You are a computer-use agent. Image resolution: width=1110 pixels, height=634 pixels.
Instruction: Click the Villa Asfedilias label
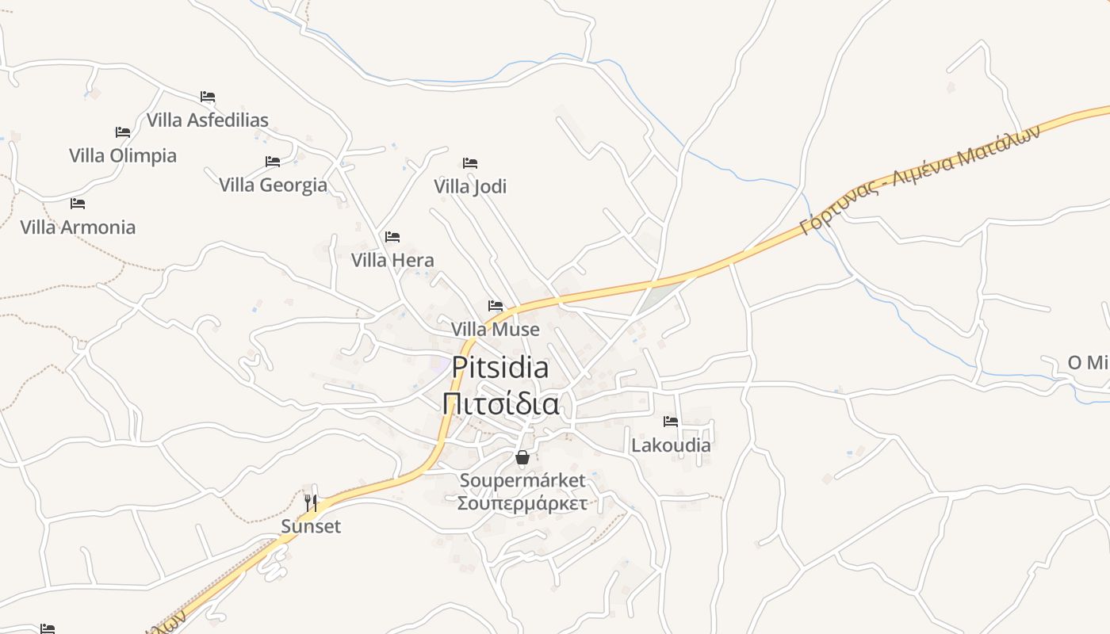208,120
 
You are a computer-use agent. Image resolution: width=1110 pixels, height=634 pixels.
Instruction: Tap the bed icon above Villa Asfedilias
208,97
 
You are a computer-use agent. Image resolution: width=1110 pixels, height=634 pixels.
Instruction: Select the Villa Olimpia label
123,155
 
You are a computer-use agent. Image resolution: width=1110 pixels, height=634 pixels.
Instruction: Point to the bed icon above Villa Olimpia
122,132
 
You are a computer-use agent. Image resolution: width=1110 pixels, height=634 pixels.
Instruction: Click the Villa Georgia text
273,185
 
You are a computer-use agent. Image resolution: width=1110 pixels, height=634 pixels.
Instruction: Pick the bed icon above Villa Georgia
273,162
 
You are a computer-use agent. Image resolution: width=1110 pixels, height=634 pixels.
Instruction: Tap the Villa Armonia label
78,227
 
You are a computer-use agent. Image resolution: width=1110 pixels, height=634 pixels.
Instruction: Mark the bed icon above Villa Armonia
78,204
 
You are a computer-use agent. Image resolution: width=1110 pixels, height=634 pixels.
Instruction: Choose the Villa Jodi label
470,186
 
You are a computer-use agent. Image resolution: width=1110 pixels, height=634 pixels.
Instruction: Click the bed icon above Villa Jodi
470,163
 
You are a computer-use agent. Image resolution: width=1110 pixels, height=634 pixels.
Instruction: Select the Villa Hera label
392,260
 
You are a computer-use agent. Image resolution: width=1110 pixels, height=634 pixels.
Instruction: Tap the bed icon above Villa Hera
392,237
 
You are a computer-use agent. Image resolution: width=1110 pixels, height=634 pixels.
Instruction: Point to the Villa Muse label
496,329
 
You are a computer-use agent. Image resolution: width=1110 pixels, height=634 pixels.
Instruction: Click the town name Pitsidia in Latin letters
500,368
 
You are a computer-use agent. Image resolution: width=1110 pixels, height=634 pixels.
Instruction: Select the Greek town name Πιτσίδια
500,404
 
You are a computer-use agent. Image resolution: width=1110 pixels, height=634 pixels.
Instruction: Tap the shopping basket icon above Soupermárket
522,457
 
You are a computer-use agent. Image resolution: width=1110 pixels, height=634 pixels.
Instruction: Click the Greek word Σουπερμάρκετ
522,503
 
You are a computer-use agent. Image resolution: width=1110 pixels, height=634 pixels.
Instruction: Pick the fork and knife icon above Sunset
311,502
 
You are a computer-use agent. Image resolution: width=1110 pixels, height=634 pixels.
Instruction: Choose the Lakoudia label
671,445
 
